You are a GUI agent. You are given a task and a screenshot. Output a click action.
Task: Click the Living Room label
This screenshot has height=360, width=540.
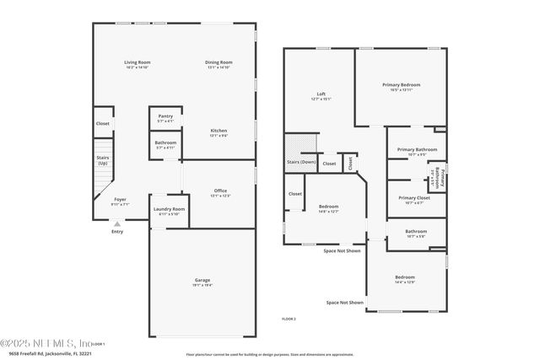[138, 62]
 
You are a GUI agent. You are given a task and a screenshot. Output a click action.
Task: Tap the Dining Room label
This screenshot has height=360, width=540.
[219, 62]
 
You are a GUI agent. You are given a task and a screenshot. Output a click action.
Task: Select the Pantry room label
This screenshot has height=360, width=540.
[165, 116]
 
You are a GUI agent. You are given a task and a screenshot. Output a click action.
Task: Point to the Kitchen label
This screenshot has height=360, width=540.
[219, 131]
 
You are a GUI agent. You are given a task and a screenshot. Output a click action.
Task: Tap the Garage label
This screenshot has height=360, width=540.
[202, 280]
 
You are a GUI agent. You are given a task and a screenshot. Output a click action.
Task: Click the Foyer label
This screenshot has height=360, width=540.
[121, 199]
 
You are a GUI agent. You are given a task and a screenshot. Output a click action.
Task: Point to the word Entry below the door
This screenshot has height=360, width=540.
[116, 232]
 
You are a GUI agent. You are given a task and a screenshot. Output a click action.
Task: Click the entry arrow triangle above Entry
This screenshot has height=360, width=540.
[116, 223]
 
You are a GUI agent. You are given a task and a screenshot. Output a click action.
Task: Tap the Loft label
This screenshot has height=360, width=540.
[321, 94]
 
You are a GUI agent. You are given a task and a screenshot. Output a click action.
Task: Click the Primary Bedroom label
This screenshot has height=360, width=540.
[401, 84]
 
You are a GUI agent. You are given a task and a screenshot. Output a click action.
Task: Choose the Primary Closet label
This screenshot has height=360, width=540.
[413, 197]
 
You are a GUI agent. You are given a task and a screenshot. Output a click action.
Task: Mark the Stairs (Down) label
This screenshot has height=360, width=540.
[301, 161]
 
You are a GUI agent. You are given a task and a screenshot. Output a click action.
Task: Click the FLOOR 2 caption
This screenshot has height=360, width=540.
[289, 319]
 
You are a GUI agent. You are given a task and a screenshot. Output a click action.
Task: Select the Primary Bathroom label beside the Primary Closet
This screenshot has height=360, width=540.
[446, 180]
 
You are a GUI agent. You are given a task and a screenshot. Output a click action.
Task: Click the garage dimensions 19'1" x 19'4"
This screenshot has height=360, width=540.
[202, 285]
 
